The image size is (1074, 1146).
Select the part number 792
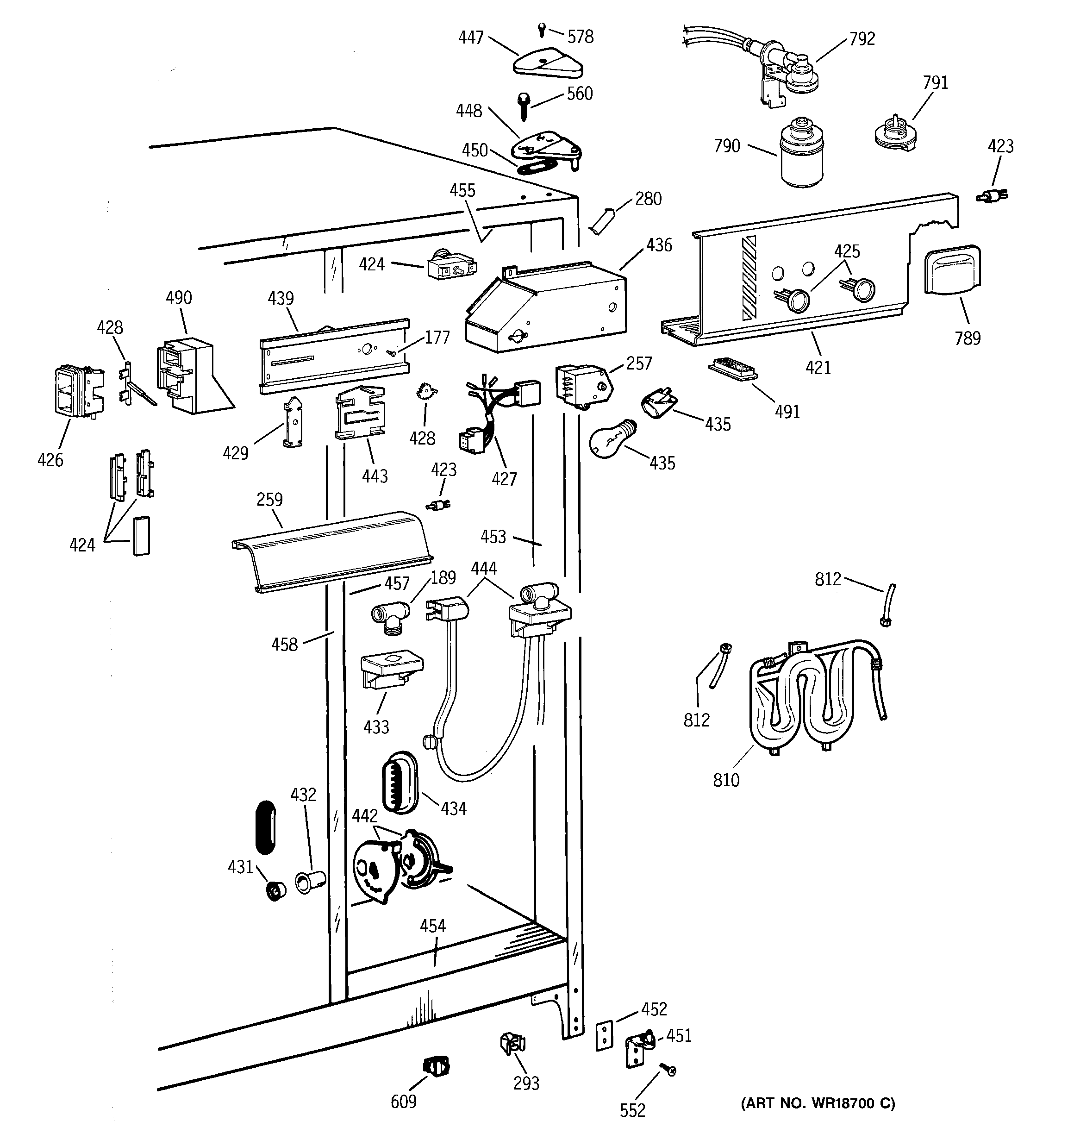[862, 39]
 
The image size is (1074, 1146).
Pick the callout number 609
[404, 1102]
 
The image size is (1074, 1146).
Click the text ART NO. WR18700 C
[818, 1103]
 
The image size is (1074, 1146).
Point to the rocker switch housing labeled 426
[78, 390]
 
